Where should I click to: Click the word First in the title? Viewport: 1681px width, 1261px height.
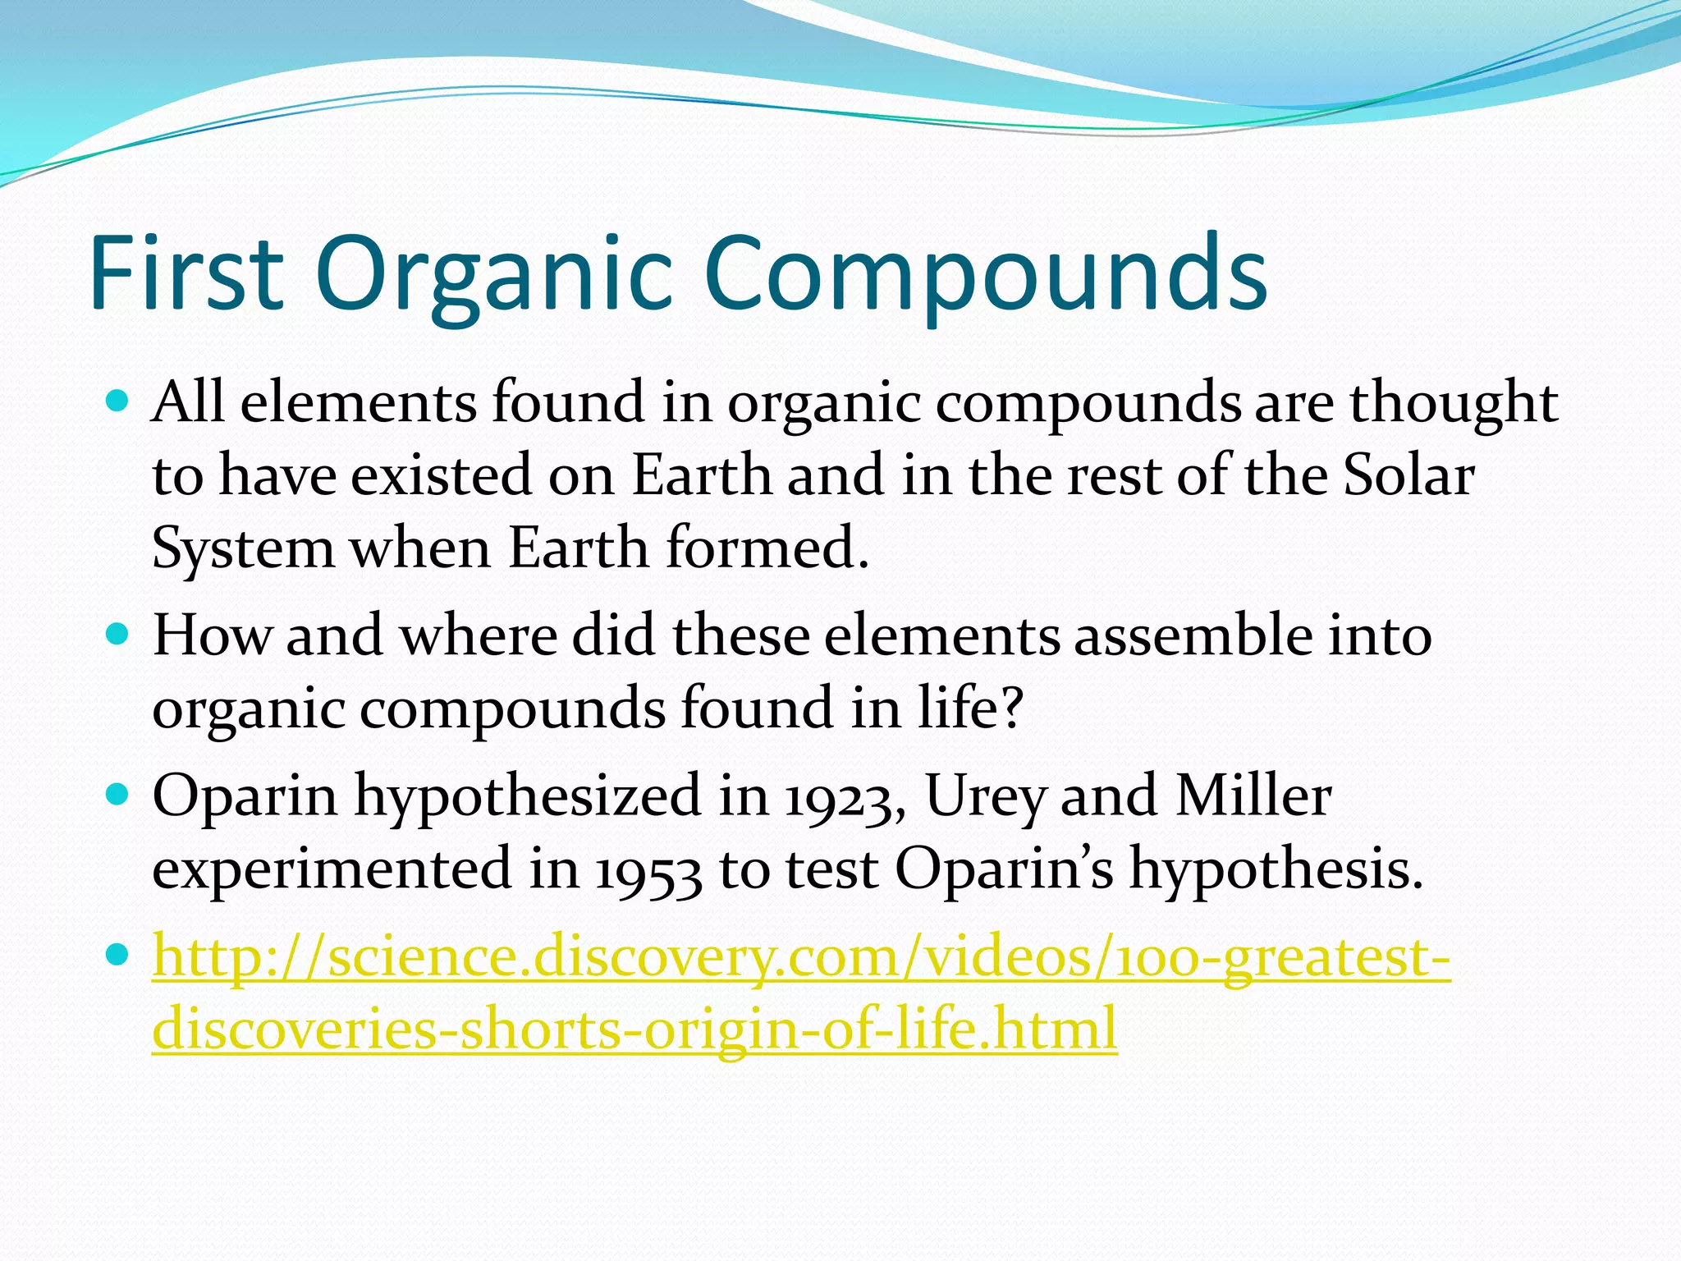click(x=186, y=273)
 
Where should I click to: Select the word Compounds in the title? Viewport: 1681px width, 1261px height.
click(x=985, y=273)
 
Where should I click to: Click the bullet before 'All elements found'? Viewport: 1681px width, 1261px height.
click(x=119, y=401)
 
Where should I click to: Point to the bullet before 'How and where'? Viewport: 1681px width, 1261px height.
click(x=119, y=635)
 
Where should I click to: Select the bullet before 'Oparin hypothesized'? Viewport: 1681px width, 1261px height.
click(x=119, y=795)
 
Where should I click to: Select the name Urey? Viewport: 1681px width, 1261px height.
click(x=984, y=798)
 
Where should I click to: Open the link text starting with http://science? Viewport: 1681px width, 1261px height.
click(x=800, y=957)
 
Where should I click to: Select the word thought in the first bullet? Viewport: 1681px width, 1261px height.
click(x=1454, y=404)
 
